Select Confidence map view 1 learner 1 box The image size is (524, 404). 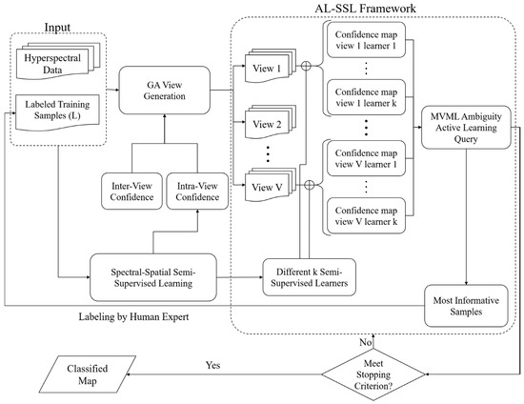(368, 44)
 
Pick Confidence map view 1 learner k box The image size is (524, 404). (368, 97)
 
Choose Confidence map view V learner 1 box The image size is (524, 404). (368, 156)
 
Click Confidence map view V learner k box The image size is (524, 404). (368, 212)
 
